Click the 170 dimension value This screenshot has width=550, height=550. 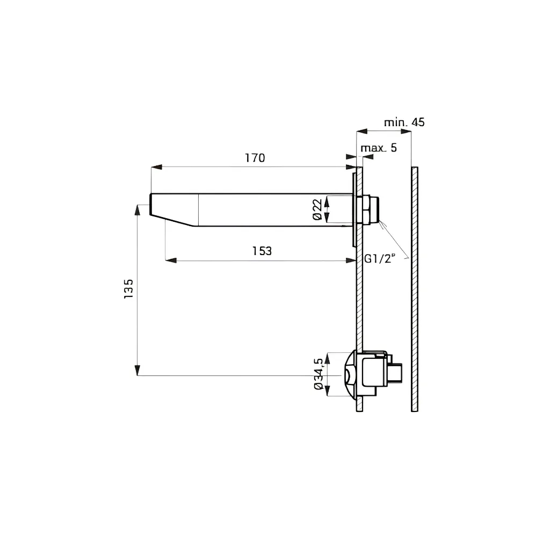tap(255, 158)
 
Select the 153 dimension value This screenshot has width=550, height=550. tap(262, 251)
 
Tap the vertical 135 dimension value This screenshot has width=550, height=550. tap(129, 288)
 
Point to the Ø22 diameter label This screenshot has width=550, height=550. tap(317, 209)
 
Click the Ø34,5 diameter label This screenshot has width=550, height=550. tap(319, 374)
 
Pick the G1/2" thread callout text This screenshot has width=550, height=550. tap(380, 259)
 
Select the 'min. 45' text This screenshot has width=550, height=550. tap(404, 122)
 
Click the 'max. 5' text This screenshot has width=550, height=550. tap(379, 148)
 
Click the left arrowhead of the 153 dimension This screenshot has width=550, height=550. tap(171, 260)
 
